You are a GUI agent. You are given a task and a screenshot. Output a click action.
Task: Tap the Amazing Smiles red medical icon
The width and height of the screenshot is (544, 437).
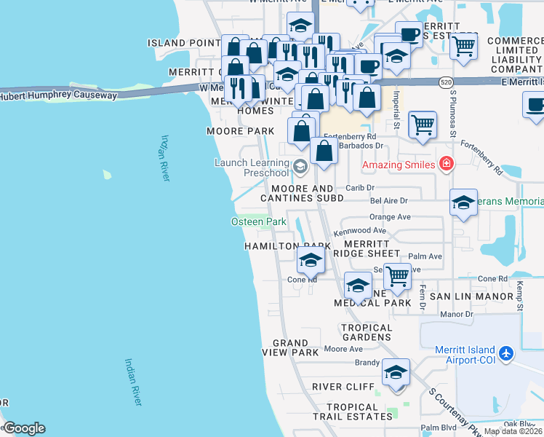pos(447,165)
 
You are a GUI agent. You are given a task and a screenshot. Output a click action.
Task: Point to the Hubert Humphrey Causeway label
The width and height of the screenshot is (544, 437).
pos(58,95)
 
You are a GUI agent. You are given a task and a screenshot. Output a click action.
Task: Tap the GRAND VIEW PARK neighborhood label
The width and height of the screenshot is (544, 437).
pos(295,347)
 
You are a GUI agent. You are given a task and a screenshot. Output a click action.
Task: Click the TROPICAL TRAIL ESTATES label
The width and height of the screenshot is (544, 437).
pos(359,412)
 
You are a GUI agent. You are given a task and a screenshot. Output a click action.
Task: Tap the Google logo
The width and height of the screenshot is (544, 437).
pos(23,428)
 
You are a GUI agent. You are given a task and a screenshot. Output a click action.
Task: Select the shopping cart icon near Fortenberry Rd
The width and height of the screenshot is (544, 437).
pos(423,125)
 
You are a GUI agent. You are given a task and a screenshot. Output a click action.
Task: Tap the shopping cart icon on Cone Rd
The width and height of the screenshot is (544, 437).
pos(396,276)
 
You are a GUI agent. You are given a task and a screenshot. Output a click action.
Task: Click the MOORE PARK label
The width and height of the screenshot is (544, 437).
pos(240,131)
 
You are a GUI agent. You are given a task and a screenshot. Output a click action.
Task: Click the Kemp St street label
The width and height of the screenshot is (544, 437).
pos(520,295)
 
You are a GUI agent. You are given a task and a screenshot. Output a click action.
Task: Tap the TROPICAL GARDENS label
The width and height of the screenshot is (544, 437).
pos(367,332)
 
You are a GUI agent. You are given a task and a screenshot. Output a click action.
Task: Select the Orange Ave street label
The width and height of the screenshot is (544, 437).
pos(390,216)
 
